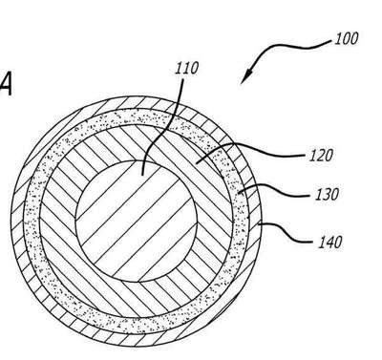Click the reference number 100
tap(347, 38)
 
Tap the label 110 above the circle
tap(186, 68)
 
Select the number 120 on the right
tap(321, 156)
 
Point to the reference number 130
tap(327, 194)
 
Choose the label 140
tap(329, 243)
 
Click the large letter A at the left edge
tap(6, 83)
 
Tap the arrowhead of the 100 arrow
tap(247, 76)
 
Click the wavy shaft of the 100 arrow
tap(286, 48)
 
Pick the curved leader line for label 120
tap(248, 147)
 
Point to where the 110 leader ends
tap(142, 176)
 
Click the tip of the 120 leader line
tap(196, 163)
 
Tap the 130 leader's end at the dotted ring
tap(240, 192)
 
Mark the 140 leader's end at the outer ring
tap(259, 224)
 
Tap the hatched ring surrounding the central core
tap(57, 222)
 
